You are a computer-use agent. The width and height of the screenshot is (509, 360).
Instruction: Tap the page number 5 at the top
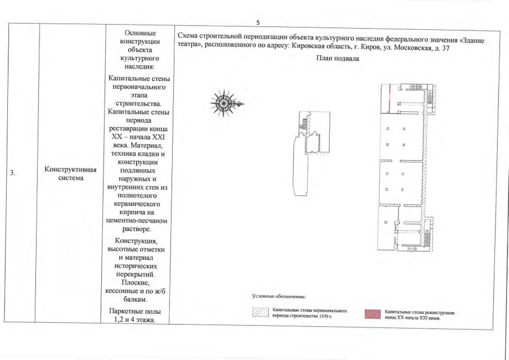[x=258, y=22]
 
